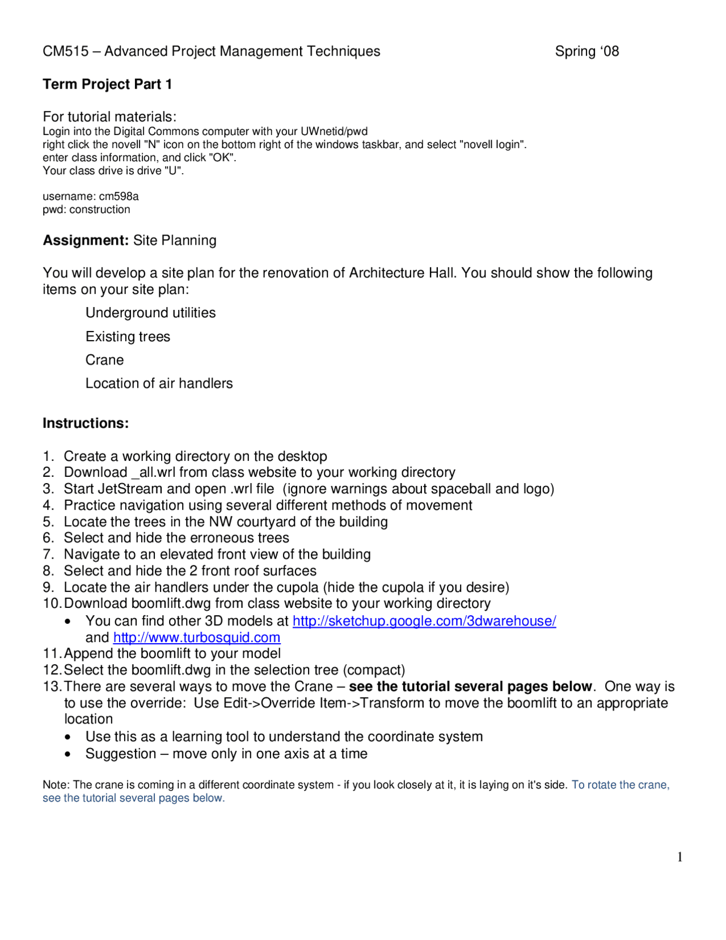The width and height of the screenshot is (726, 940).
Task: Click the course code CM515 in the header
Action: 66,52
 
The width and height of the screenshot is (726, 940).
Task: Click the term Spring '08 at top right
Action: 586,52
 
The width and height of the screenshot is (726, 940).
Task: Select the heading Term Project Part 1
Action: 107,85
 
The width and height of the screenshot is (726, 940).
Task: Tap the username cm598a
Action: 119,196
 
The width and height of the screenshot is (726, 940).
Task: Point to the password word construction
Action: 100,209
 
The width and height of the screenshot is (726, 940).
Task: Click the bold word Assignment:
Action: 86,241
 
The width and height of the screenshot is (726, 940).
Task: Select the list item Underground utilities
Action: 150,313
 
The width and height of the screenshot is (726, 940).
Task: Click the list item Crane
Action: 104,360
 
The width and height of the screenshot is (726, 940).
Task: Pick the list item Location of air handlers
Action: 159,384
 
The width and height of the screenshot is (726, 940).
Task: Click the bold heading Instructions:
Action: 86,423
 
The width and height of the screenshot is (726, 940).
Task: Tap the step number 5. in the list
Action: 48,522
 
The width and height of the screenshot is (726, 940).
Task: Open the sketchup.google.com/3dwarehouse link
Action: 424,621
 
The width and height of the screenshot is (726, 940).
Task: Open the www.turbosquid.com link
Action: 196,637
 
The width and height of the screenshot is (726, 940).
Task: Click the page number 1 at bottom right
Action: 679,857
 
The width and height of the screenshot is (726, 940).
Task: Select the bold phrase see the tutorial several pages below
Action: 470,687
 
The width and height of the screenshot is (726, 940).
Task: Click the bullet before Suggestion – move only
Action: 67,754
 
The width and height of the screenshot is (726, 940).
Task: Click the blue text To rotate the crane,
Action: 620,785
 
